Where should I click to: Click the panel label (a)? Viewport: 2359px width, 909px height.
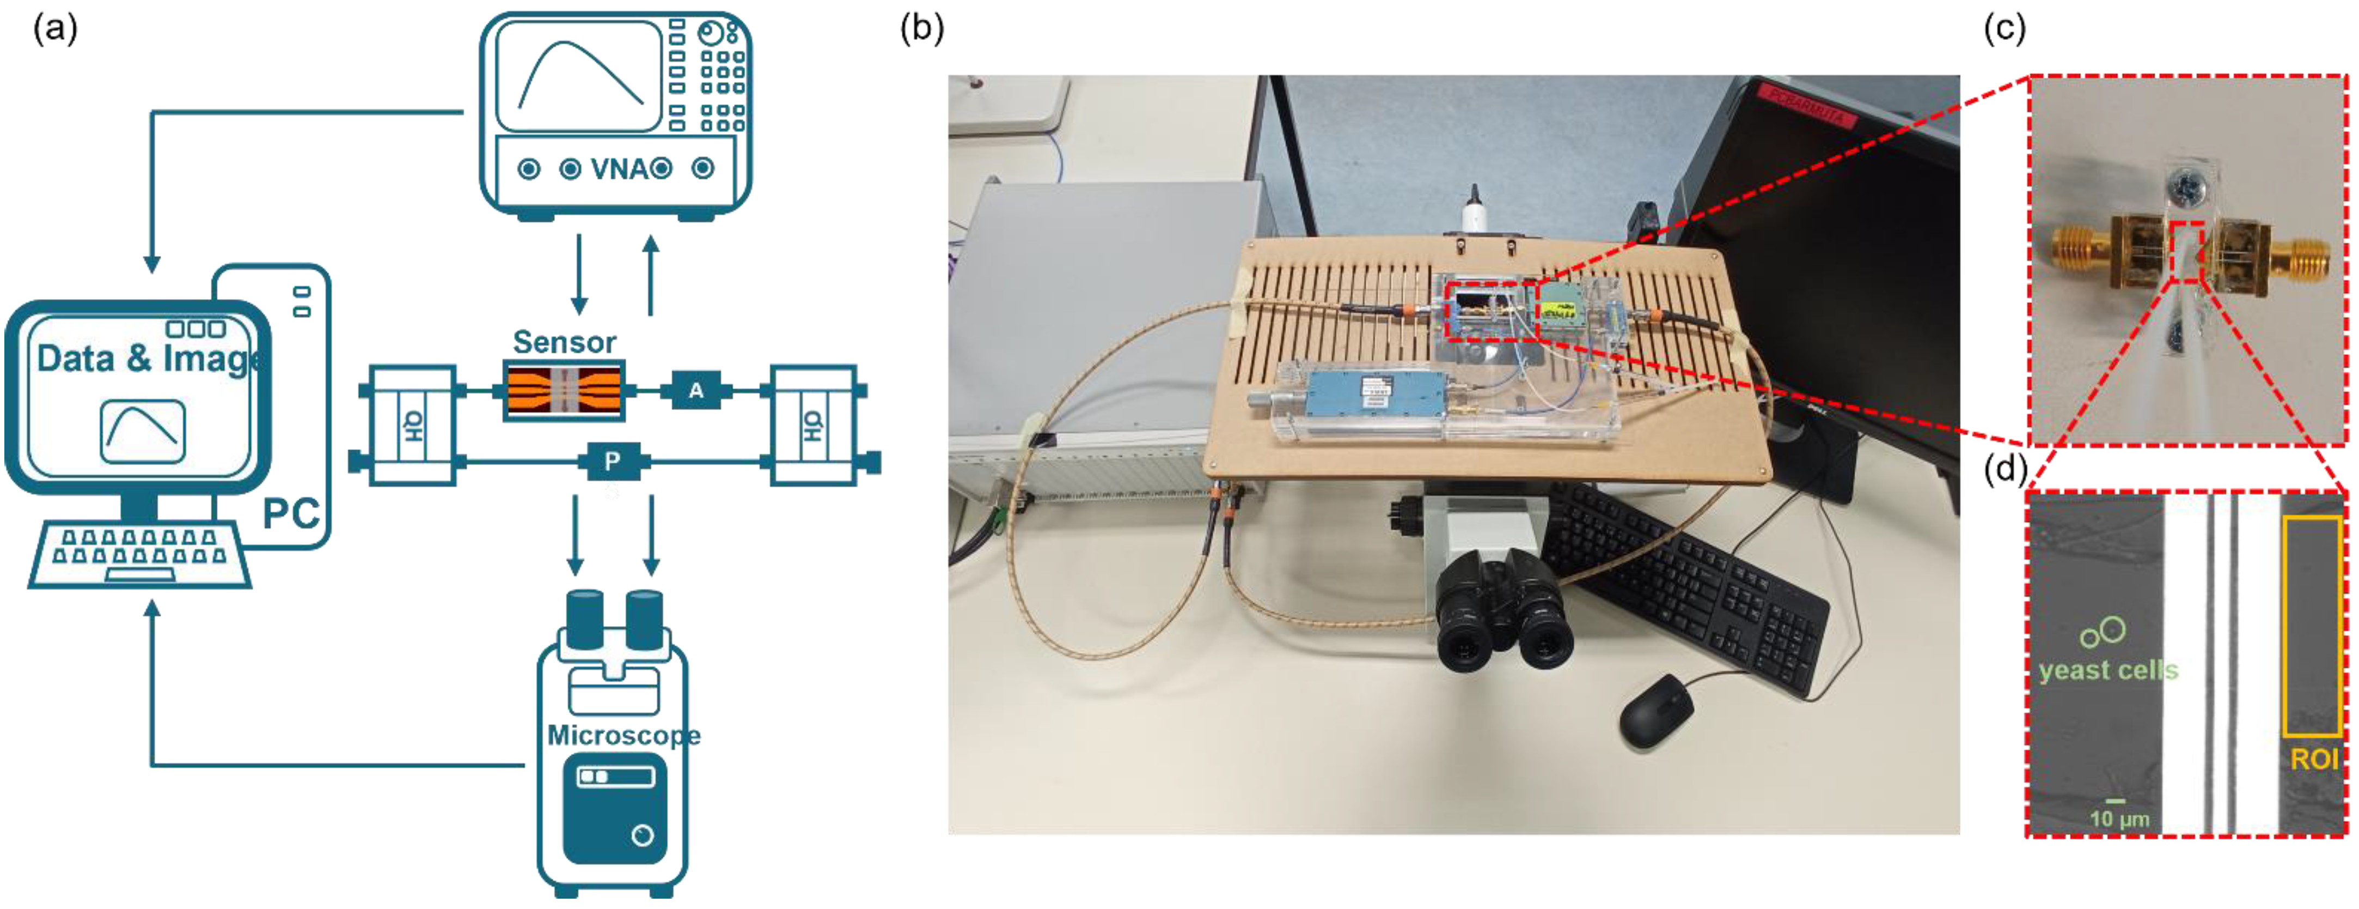55,29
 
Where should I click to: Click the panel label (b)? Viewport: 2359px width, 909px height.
921,29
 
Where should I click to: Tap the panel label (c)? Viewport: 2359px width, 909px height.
2004,29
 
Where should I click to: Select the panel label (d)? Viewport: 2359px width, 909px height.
2004,469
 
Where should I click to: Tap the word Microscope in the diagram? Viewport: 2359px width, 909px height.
624,736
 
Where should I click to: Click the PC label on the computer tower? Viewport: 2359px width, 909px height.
291,514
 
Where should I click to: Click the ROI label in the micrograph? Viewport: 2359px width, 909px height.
2314,760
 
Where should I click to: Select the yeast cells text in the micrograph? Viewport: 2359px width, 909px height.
2108,671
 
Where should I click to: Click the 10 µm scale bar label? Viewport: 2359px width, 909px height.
2119,819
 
